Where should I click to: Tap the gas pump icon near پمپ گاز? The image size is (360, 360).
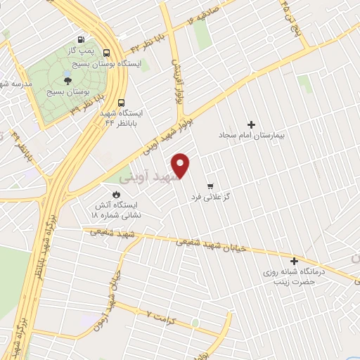coord(82,39)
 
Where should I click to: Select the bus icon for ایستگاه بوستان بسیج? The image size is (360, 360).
coord(106,52)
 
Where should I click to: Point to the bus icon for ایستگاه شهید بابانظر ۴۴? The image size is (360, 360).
coord(122,101)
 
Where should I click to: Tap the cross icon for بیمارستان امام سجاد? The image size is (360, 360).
coord(251,124)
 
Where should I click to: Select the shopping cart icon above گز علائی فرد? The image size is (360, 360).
coord(210,186)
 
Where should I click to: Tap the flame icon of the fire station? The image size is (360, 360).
coord(115,195)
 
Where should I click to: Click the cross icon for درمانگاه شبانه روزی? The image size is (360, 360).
coord(294,261)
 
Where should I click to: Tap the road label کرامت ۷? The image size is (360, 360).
coord(165,315)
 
